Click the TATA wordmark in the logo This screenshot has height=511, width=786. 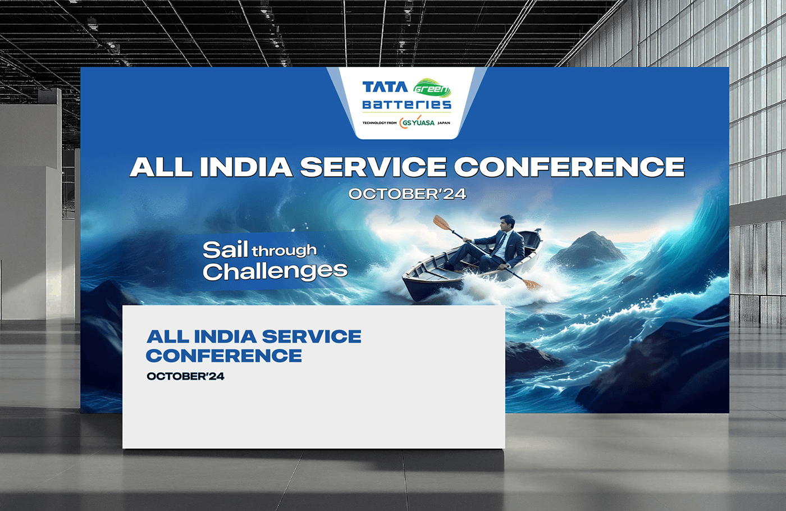tap(385, 87)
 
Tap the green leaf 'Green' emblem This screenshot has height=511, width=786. tap(432, 88)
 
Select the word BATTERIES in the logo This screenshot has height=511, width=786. tap(406, 104)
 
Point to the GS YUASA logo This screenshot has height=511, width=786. tap(417, 122)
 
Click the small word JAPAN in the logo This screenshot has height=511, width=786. tap(444, 123)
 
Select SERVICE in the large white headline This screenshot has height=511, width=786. tap(373, 167)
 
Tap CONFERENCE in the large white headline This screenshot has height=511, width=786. tap(569, 167)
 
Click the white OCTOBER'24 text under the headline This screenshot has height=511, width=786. tap(407, 194)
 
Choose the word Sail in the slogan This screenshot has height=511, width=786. tap(225, 249)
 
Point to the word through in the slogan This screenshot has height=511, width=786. tap(284, 250)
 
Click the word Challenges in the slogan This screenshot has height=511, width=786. tap(275, 272)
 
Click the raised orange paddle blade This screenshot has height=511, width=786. tap(442, 223)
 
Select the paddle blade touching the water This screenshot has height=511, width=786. tap(532, 284)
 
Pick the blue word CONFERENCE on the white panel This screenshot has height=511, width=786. tap(224, 355)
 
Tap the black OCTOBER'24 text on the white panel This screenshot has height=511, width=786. tap(185, 376)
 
